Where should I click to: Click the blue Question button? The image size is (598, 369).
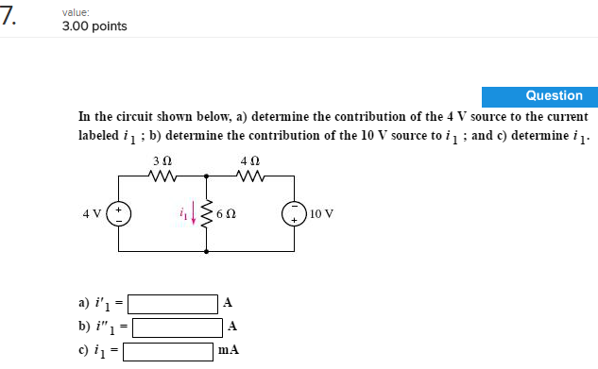coord(535,95)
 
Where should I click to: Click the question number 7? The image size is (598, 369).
coord(10,15)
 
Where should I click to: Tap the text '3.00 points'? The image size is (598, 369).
coord(94,25)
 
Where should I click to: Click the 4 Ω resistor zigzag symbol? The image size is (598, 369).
coord(249,174)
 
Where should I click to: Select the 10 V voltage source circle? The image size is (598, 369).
coord(293,212)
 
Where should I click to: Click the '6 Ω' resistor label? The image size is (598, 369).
coord(226,213)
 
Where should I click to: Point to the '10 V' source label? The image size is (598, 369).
coord(321,213)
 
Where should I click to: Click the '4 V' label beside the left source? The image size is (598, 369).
coord(93,213)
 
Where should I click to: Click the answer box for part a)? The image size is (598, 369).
coord(174,304)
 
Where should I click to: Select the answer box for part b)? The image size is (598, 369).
coord(179,327)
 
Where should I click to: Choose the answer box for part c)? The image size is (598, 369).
coord(168,351)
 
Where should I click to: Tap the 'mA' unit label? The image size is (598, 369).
coord(228,350)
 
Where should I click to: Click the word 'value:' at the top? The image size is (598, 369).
coord(77,10)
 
